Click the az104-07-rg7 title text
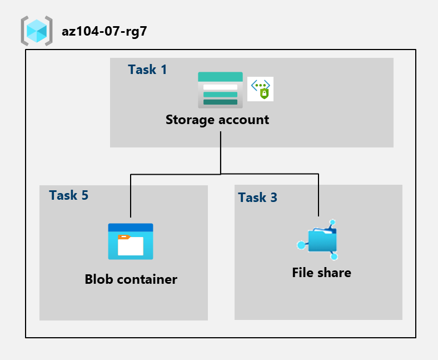point(104,32)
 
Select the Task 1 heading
point(147,70)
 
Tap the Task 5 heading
point(69,195)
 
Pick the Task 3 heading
point(257,198)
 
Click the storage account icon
point(220,90)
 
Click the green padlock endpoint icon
point(261,89)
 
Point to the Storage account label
point(217,120)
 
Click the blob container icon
point(131,241)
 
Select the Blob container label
point(131,279)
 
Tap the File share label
point(321,273)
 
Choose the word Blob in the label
point(99,279)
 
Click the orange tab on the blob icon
point(124,237)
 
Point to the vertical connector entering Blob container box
point(131,198)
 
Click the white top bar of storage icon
point(220,87)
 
